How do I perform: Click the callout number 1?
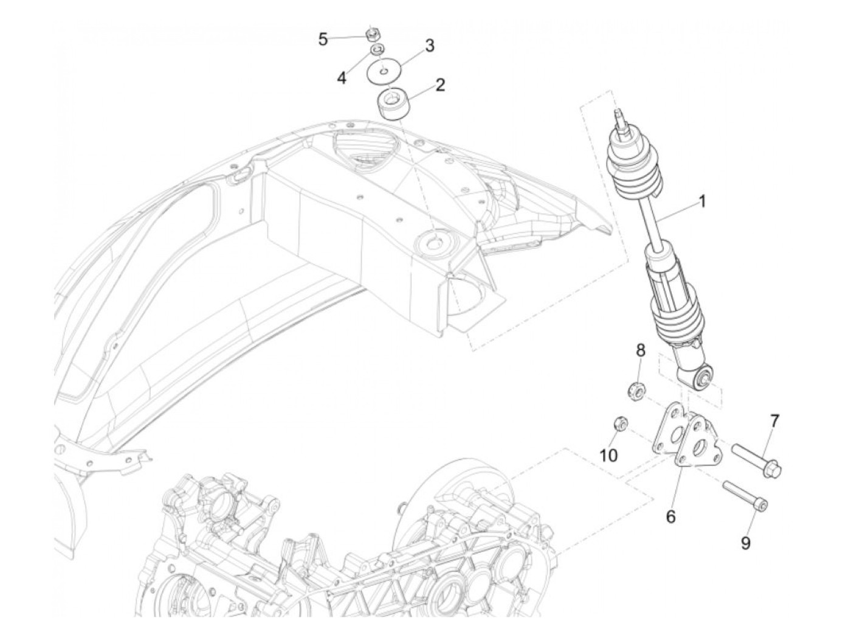[x=702, y=201]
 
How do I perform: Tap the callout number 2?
[x=439, y=85]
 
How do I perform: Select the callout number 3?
[x=429, y=46]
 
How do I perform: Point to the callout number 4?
[x=342, y=78]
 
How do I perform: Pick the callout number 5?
[x=323, y=40]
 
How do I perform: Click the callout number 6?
[x=670, y=517]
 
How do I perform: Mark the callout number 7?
[x=774, y=420]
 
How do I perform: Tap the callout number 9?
[x=745, y=543]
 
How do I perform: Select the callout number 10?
[x=609, y=455]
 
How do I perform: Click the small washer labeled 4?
[x=377, y=49]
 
